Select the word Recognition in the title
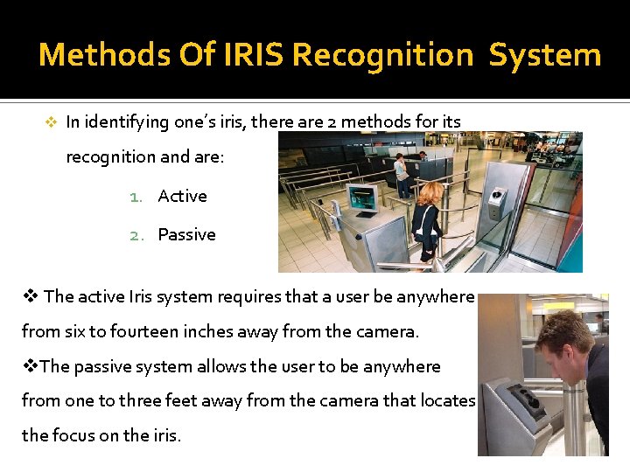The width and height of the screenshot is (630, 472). [x=382, y=55]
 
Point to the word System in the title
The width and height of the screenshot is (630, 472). [x=544, y=55]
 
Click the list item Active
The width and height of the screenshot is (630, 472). [x=182, y=197]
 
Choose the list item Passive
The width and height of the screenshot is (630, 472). [x=186, y=235]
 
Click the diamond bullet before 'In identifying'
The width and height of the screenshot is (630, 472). [x=51, y=122]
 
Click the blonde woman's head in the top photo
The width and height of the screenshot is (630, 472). [x=431, y=191]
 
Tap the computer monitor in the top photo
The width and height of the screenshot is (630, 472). [x=361, y=198]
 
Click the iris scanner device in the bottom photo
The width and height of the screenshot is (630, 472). [x=522, y=398]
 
